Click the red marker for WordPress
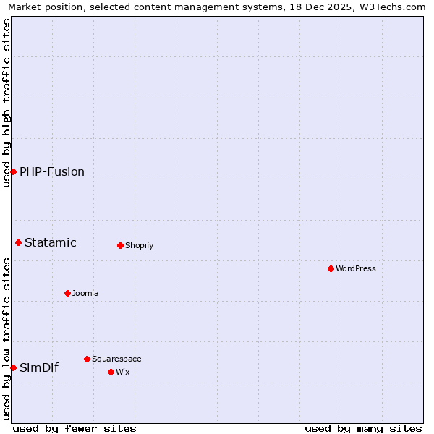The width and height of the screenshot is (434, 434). pyautogui.click(x=331, y=268)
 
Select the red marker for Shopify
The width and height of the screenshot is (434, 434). pyautogui.click(x=120, y=245)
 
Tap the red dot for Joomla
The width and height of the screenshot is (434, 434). pyautogui.click(x=67, y=293)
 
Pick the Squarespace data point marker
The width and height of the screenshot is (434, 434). pyautogui.click(x=87, y=359)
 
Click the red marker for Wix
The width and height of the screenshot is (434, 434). pyautogui.click(x=111, y=372)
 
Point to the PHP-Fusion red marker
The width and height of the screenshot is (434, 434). pyautogui.click(x=13, y=171)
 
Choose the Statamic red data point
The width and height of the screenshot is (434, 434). pyautogui.click(x=18, y=242)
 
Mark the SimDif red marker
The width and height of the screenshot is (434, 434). pyautogui.click(x=13, y=367)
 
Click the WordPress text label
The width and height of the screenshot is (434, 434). pyautogui.click(x=356, y=268)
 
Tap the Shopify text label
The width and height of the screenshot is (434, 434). pyautogui.click(x=139, y=245)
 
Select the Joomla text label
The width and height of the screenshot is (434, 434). pyautogui.click(x=85, y=293)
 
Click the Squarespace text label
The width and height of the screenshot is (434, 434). pyautogui.click(x=116, y=359)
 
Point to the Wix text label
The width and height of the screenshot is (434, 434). pyautogui.click(x=122, y=372)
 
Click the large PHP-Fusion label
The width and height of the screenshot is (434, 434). pyautogui.click(x=52, y=171)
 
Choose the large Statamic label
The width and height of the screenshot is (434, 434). pyautogui.click(x=51, y=242)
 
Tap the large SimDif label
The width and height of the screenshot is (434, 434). pyautogui.click(x=39, y=367)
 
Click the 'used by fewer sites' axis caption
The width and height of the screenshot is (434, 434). pyautogui.click(x=75, y=428)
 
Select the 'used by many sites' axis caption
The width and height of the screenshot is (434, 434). pyautogui.click(x=363, y=428)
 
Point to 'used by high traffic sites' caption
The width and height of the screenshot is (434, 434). pyautogui.click(x=7, y=103)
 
